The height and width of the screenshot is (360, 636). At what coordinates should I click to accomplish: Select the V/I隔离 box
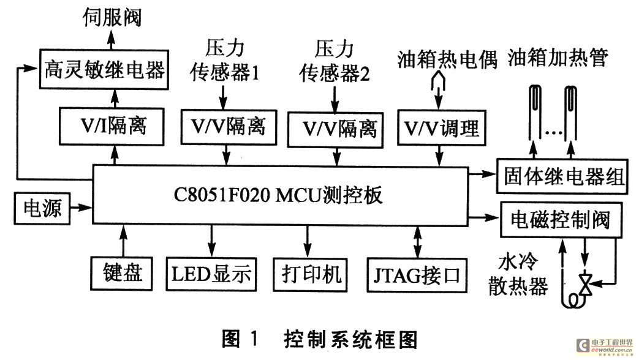[112, 127]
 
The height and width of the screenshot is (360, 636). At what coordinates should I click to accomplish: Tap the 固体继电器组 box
[561, 178]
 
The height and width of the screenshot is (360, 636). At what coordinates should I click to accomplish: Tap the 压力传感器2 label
[334, 61]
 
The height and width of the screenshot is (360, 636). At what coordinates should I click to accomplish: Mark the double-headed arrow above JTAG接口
[418, 241]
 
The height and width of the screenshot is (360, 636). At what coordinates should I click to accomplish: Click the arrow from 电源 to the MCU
[81, 208]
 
